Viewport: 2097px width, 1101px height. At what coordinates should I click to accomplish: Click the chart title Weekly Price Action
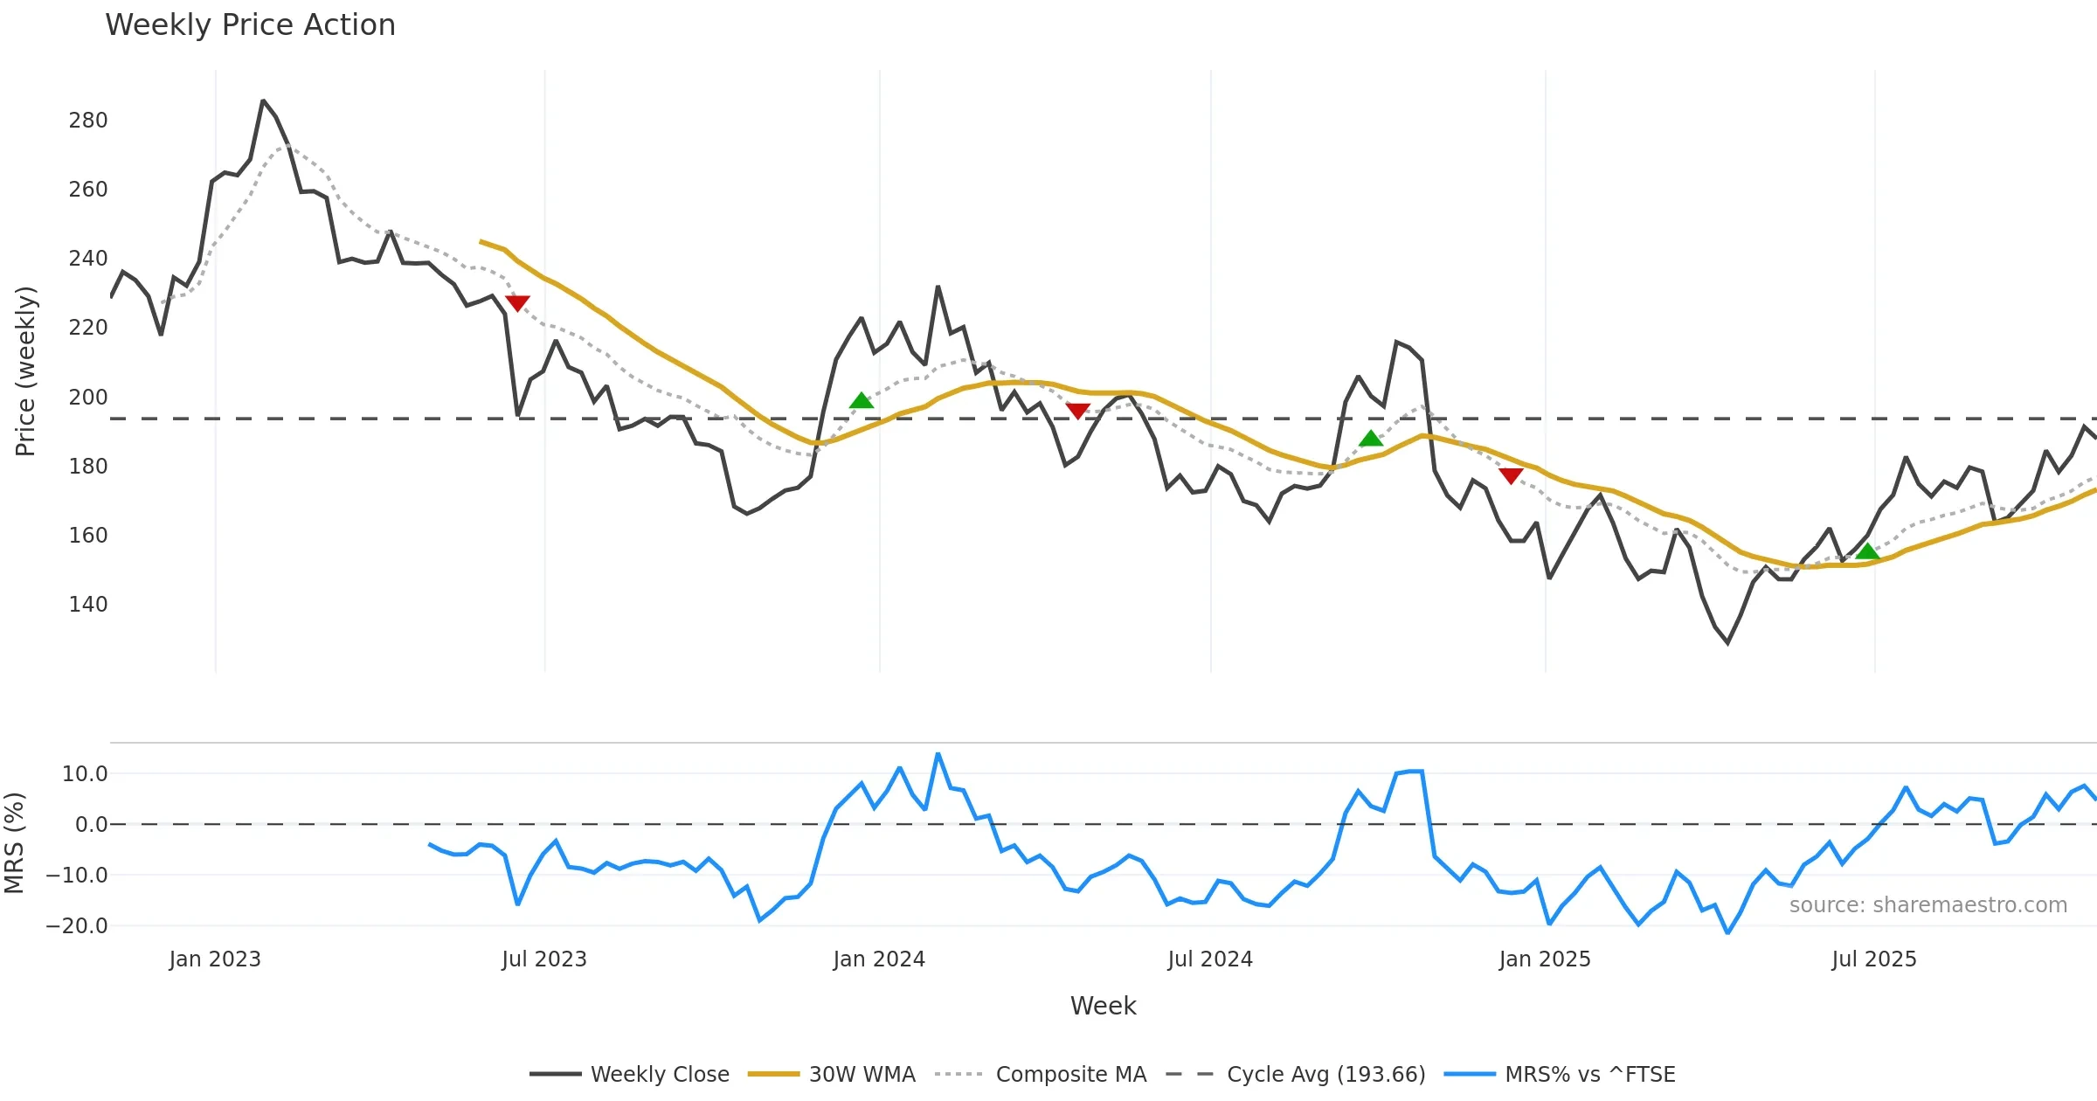(250, 25)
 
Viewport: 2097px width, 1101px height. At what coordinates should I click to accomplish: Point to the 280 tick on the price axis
(88, 121)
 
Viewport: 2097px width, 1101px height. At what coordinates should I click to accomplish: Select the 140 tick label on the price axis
(88, 605)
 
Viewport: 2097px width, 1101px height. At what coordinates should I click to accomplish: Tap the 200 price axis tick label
(88, 398)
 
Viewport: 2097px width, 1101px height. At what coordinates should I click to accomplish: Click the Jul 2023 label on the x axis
(544, 959)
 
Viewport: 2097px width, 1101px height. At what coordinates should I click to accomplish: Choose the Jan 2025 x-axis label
(1545, 959)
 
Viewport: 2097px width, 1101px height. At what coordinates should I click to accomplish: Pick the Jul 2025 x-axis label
(1874, 959)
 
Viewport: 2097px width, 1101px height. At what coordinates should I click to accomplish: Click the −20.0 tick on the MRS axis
(77, 926)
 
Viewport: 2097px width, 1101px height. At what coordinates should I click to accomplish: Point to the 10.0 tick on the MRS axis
(85, 774)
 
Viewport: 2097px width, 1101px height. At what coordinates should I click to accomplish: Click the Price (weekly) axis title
(25, 371)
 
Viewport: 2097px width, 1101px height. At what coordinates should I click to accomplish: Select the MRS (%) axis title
(14, 843)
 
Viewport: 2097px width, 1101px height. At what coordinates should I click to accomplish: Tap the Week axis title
(1103, 1007)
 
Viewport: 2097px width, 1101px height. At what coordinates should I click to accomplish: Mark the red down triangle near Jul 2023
(517, 303)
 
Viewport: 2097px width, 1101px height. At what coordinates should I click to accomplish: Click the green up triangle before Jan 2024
(862, 401)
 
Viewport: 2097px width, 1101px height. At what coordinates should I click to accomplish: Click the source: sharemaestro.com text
(1927, 905)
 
